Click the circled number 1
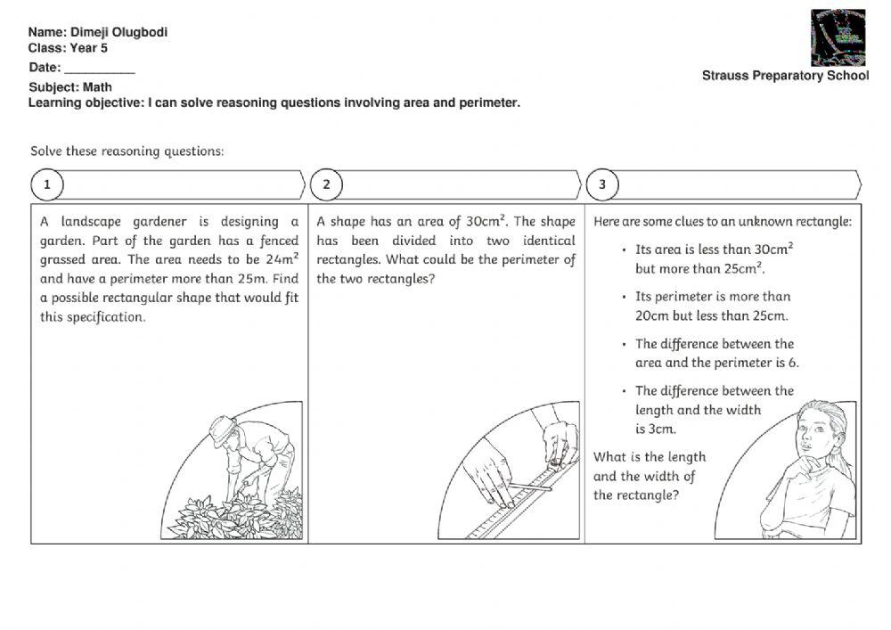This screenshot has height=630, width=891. [47, 184]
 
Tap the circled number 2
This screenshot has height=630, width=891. [326, 184]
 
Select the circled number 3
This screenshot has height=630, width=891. [602, 184]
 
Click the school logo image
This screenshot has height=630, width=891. [838, 37]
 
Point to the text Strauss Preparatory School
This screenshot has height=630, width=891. [784, 76]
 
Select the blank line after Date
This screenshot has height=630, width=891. [100, 69]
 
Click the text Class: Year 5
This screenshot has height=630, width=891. [68, 48]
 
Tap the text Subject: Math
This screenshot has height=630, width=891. [70, 87]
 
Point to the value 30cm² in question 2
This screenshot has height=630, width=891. [486, 221]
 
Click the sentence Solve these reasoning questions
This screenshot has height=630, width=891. [127, 151]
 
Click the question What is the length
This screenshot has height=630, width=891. [650, 457]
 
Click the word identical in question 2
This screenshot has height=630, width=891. [549, 241]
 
